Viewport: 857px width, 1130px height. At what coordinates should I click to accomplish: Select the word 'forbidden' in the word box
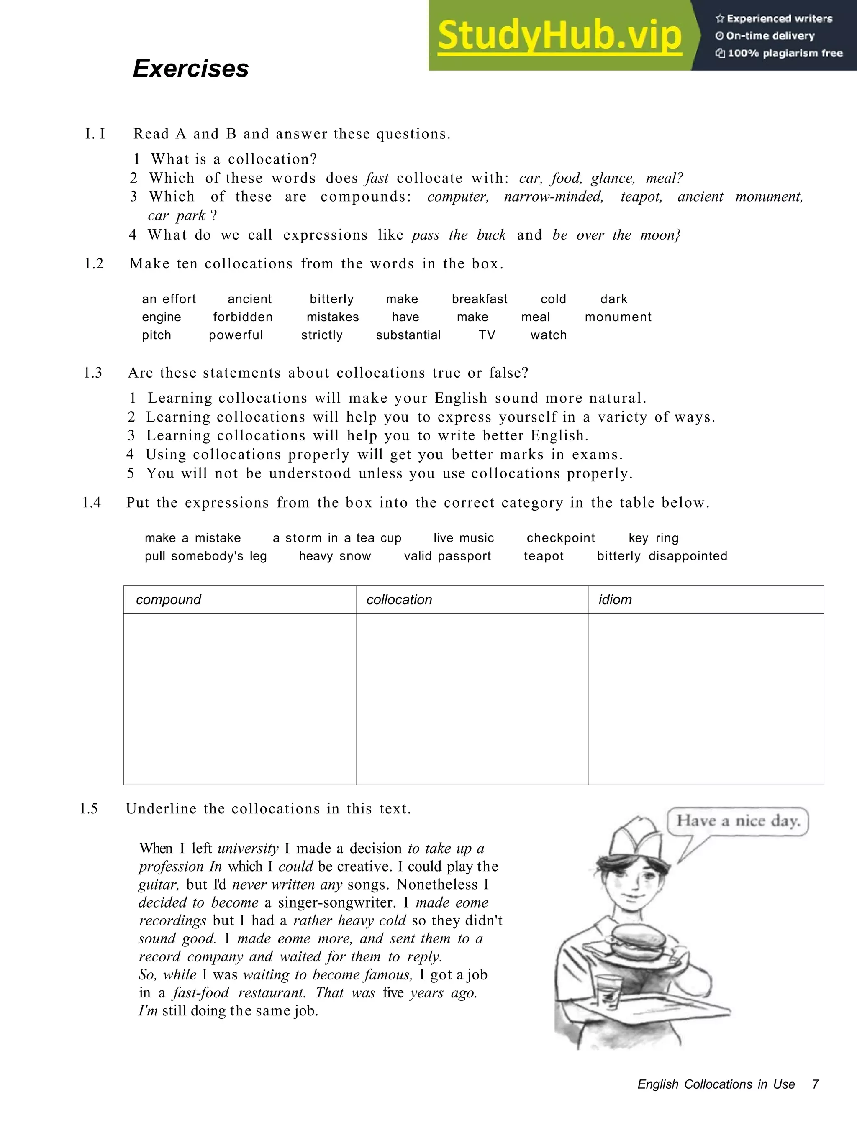pyautogui.click(x=243, y=317)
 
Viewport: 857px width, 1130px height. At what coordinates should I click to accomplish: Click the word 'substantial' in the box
pyautogui.click(x=408, y=335)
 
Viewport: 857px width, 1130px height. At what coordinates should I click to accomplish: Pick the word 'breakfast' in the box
pyautogui.click(x=480, y=299)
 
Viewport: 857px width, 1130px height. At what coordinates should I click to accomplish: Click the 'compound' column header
pyautogui.click(x=169, y=600)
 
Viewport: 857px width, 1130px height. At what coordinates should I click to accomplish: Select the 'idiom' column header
pyautogui.click(x=615, y=600)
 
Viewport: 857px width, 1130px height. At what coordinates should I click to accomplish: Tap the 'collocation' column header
pyautogui.click(x=399, y=600)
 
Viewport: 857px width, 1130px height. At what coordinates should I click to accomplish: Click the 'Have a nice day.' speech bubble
pyautogui.click(x=738, y=821)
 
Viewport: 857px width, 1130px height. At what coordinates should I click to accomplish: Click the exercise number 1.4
pyautogui.click(x=92, y=503)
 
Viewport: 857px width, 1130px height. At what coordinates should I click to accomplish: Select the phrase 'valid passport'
pyautogui.click(x=447, y=556)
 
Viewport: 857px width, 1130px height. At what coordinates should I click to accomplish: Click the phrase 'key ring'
pyautogui.click(x=654, y=538)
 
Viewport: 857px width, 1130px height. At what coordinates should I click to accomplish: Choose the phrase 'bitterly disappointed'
pyautogui.click(x=662, y=556)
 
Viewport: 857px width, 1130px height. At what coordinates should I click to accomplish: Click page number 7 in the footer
pyautogui.click(x=815, y=1084)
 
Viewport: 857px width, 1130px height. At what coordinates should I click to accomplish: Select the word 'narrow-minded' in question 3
pyautogui.click(x=554, y=197)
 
